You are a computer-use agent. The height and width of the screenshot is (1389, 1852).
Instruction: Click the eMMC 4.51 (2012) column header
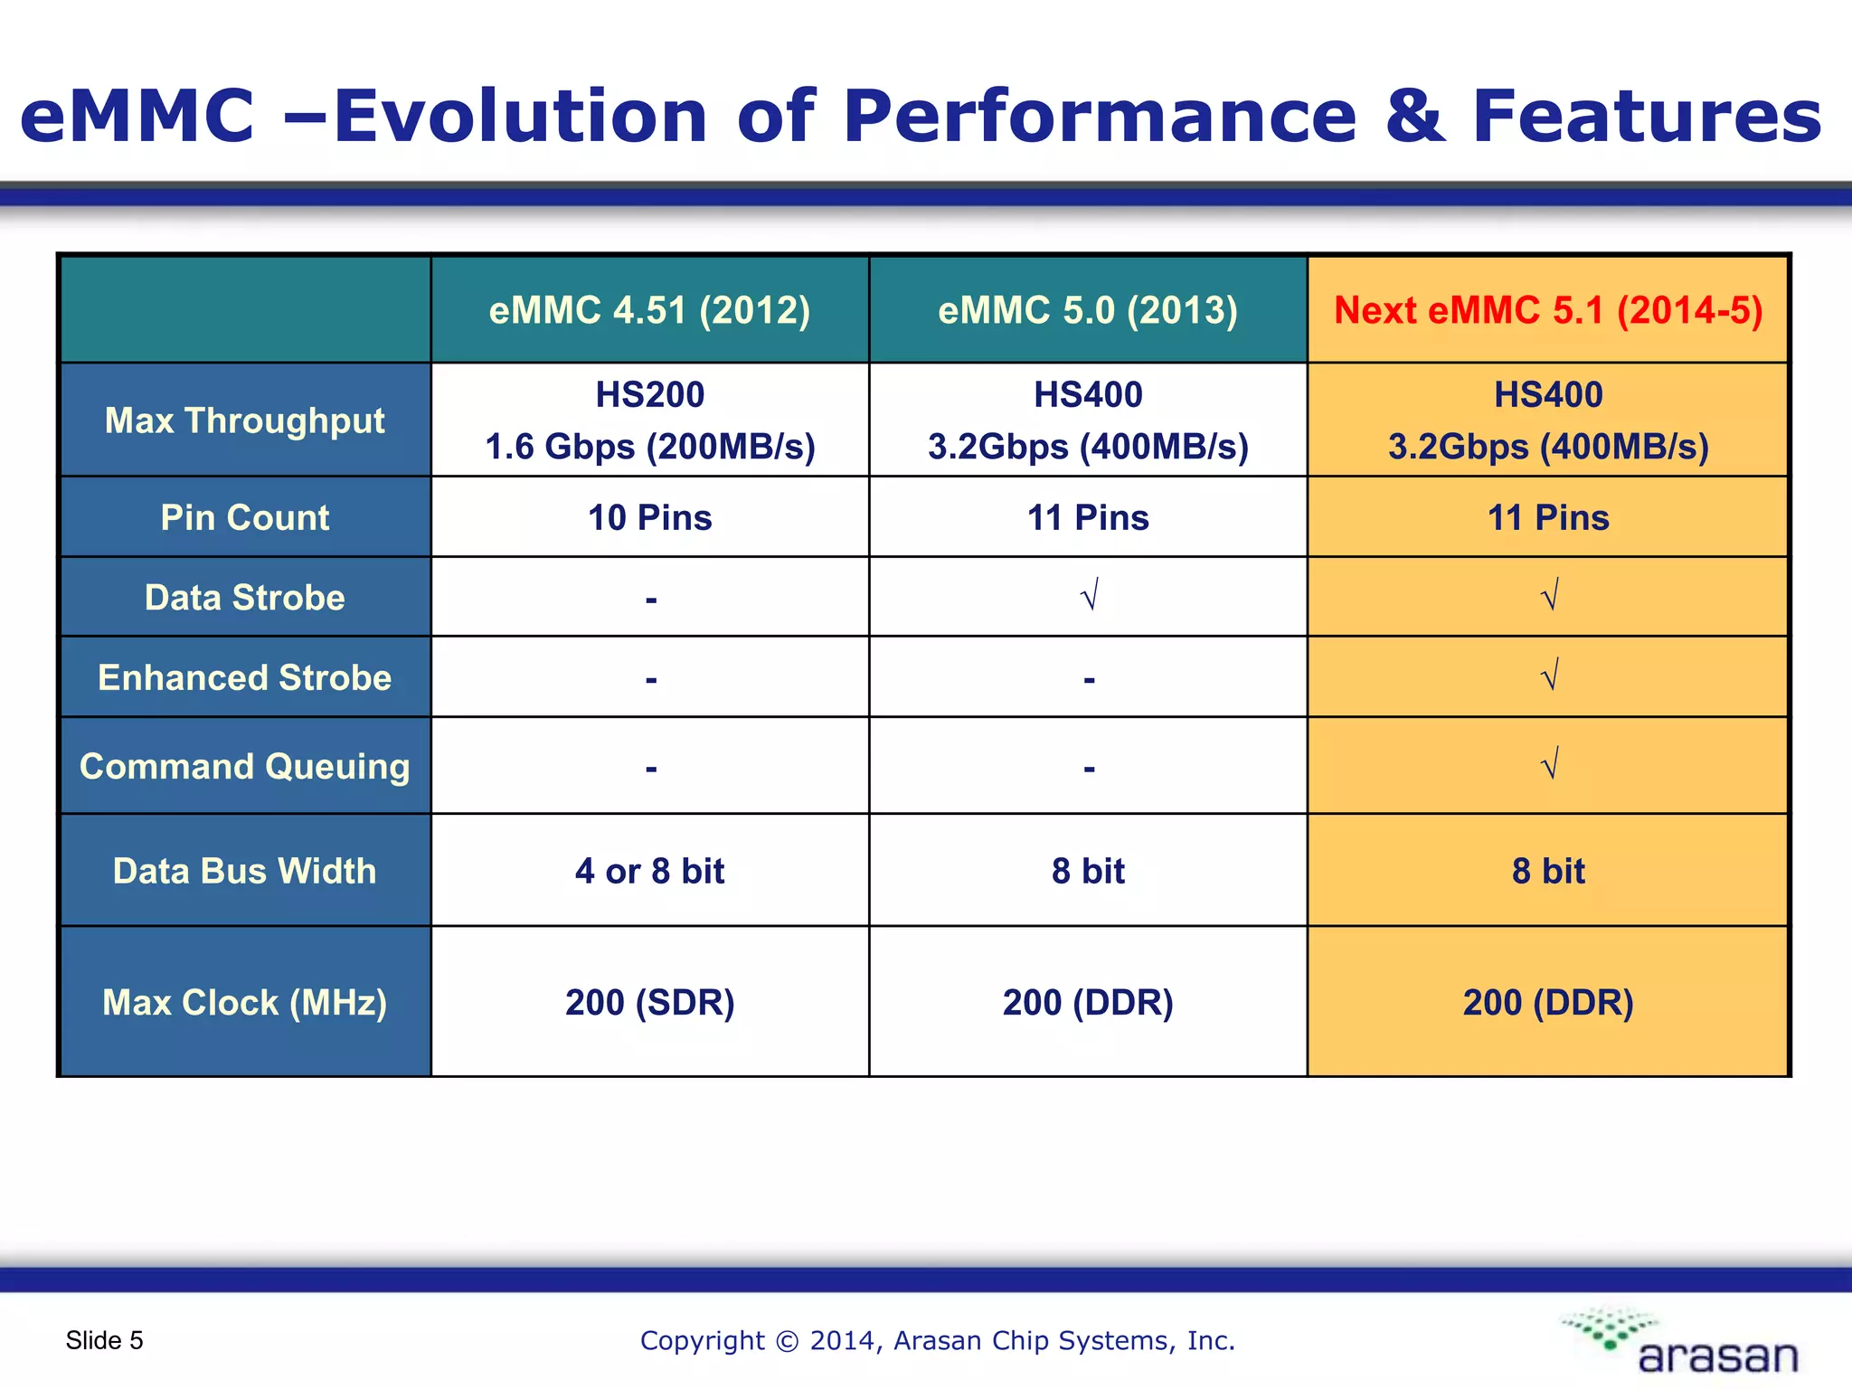(x=649, y=310)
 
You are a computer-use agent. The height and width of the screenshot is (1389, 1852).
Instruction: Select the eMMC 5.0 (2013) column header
(x=1087, y=310)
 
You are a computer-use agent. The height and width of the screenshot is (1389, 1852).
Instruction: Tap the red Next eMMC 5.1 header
(x=1547, y=310)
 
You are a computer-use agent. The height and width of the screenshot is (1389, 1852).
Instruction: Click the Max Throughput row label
(x=244, y=420)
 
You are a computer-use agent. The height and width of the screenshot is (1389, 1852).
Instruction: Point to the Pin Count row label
(x=244, y=517)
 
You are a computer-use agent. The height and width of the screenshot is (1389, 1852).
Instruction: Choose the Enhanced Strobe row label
(x=244, y=677)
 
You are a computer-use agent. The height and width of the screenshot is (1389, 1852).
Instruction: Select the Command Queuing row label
(x=244, y=766)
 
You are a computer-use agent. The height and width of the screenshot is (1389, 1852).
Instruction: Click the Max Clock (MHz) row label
(x=244, y=1002)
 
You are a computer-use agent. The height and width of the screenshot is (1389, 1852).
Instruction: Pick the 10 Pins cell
(x=649, y=517)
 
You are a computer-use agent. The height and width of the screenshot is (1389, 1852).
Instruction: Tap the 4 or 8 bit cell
(x=649, y=871)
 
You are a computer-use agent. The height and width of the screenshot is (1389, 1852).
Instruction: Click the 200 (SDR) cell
(x=649, y=1002)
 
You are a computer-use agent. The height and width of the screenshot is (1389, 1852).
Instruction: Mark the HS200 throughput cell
(x=649, y=420)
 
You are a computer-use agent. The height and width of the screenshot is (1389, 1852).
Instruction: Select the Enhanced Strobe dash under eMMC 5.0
(x=1089, y=679)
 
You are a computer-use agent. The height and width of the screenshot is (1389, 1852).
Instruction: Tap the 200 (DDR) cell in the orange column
(x=1547, y=1002)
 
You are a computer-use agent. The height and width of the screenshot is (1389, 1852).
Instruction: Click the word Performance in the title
(x=1099, y=116)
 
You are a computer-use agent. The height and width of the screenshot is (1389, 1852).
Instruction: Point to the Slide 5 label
(x=104, y=1340)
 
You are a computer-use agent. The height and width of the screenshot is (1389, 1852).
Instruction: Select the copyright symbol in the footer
(x=788, y=1341)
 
